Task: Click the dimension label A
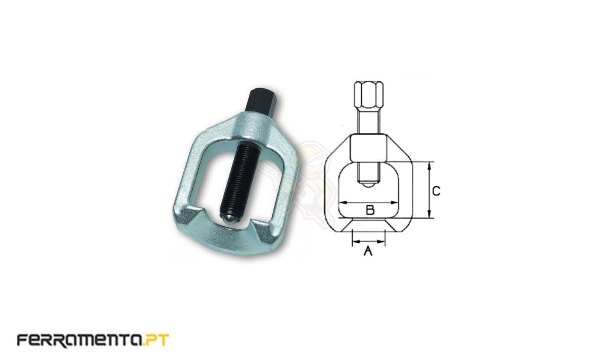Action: pos(368,251)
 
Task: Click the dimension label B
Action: pos(370,210)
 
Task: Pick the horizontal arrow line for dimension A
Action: pos(368,242)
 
